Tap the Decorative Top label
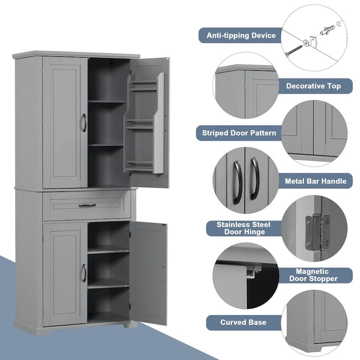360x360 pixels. click(x=313, y=85)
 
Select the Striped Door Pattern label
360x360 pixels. click(x=239, y=133)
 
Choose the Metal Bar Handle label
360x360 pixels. click(x=315, y=181)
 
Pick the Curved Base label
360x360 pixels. click(x=243, y=322)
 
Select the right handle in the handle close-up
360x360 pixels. click(x=254, y=178)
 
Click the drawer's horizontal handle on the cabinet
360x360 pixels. click(x=87, y=205)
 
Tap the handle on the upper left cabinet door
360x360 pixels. click(x=83, y=122)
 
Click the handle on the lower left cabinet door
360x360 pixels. click(x=83, y=273)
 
